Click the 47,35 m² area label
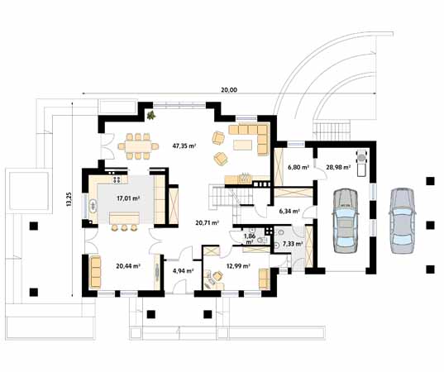pyautogui.click(x=184, y=146)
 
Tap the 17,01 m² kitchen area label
pyautogui.click(x=129, y=198)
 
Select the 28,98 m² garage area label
pyautogui.click(x=338, y=167)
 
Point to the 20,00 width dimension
pyautogui.click(x=229, y=90)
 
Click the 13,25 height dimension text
pyautogui.click(x=69, y=199)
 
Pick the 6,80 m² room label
pyautogui.click(x=298, y=167)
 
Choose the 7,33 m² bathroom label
pyautogui.click(x=293, y=244)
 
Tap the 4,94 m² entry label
pyautogui.click(x=183, y=270)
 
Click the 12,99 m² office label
pyautogui.click(x=238, y=266)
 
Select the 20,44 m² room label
pyautogui.click(x=128, y=266)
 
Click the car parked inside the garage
pyautogui.click(x=345, y=221)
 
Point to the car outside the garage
pyautogui.click(x=402, y=220)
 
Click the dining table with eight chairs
pyautogui.click(x=138, y=146)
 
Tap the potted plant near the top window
pyautogui.click(x=151, y=115)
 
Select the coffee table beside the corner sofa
pyautogui.click(x=243, y=145)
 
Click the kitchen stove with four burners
pyautogui.click(x=117, y=179)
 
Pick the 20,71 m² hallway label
pyautogui.click(x=207, y=223)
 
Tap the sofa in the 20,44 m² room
pyautogui.click(x=95, y=271)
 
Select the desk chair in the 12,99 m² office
pyautogui.click(x=218, y=276)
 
